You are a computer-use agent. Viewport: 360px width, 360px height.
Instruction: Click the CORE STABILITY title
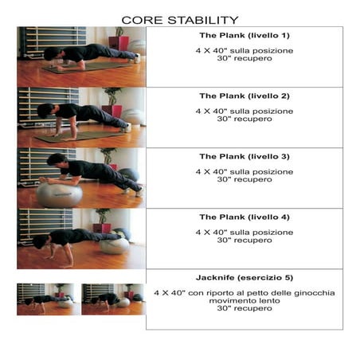point(179,19)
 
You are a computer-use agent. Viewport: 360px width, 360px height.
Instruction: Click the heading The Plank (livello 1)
point(244,36)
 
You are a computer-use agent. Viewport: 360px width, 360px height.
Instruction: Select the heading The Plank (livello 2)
point(244,96)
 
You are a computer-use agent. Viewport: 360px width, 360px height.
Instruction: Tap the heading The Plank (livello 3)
point(244,157)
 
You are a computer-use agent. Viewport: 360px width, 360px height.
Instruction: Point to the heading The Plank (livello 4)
point(244,217)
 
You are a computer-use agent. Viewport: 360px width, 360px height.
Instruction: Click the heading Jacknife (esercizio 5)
point(244,278)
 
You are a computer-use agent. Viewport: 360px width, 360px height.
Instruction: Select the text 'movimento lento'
point(244,300)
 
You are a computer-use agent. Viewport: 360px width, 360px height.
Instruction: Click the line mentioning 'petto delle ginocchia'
point(244,292)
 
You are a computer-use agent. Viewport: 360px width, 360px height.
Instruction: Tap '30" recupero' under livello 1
point(244,58)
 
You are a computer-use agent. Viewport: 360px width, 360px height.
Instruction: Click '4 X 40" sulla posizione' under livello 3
point(244,171)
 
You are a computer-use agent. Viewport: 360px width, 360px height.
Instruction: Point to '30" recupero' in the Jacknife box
point(244,308)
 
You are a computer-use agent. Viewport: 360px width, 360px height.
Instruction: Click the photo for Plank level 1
point(81,57)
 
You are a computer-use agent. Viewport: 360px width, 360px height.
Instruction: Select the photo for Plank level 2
point(81,117)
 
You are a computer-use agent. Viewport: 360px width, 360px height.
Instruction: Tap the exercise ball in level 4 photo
point(115,245)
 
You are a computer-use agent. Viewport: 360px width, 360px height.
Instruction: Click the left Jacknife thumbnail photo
point(48,299)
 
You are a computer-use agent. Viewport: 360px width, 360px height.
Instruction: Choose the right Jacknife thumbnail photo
point(112,299)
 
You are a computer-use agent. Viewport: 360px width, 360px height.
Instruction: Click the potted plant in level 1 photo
point(119,37)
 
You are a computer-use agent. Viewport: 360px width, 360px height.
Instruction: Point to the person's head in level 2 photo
point(45,111)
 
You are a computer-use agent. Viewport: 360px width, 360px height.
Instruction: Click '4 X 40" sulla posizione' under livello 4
point(244,232)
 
